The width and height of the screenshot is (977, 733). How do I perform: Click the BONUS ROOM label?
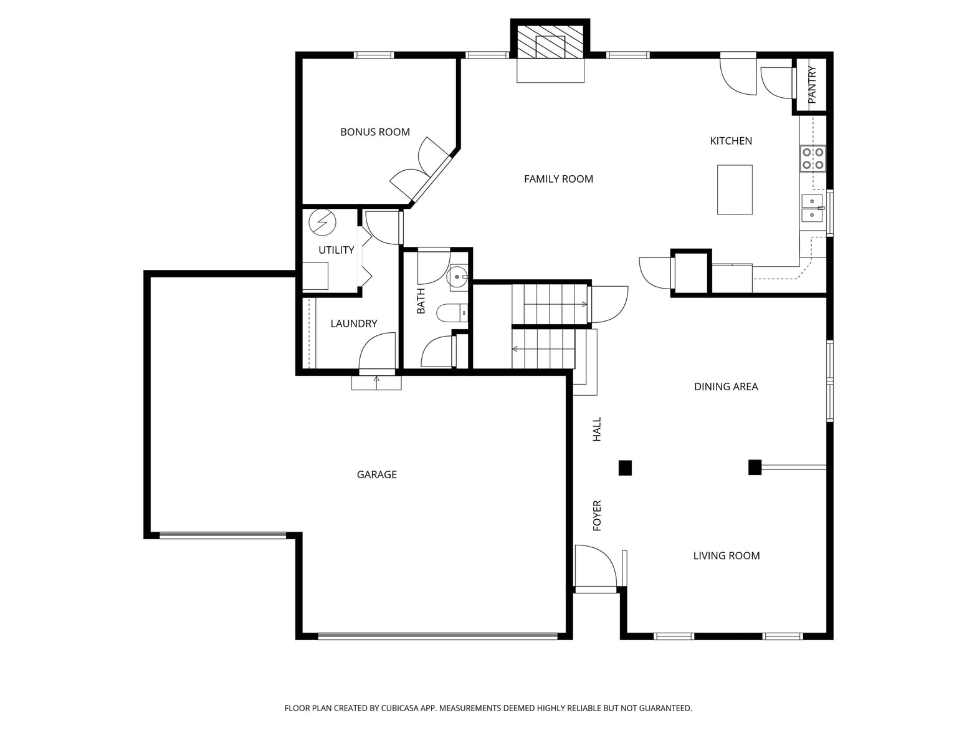click(x=374, y=132)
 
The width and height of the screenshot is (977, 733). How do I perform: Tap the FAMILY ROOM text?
click(x=558, y=179)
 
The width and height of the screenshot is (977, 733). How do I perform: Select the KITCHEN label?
click(x=731, y=141)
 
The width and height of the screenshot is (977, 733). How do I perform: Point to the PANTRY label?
click(x=812, y=85)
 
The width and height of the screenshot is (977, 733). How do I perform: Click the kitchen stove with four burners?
click(x=813, y=158)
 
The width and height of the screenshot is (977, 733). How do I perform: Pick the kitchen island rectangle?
click(x=735, y=190)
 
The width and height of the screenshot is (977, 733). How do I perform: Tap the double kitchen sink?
click(x=813, y=208)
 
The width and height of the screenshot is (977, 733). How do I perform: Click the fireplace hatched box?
click(x=550, y=41)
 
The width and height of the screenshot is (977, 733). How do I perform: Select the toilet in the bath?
click(x=452, y=313)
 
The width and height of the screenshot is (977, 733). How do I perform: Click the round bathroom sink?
click(x=457, y=277)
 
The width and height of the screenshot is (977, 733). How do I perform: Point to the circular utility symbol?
click(x=322, y=222)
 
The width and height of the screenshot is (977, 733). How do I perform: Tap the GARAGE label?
click(x=376, y=475)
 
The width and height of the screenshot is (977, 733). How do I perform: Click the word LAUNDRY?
click(x=354, y=323)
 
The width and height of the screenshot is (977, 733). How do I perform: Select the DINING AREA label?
click(x=726, y=386)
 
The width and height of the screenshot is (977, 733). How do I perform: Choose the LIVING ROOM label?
click(x=727, y=556)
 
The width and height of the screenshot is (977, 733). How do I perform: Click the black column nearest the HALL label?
click(x=625, y=468)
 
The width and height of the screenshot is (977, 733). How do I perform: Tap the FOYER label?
click(x=597, y=516)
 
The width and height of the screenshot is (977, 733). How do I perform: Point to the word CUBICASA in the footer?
click(x=399, y=708)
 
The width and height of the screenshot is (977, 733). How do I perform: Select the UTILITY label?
click(x=336, y=250)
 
